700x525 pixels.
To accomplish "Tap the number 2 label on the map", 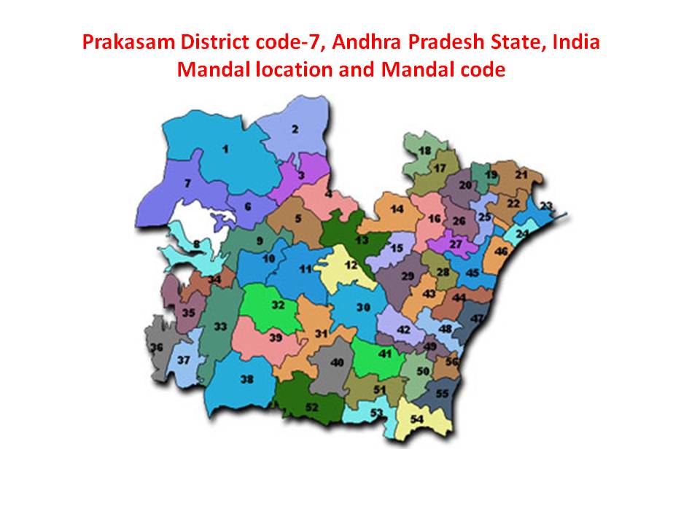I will [x=295, y=130].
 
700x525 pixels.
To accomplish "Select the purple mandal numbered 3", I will [x=300, y=176].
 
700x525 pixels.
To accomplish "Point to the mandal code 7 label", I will [x=187, y=184].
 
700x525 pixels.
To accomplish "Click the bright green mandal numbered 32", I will [x=278, y=306].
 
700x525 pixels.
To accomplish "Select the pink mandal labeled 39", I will [x=275, y=338].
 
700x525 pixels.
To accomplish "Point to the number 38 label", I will [x=246, y=378].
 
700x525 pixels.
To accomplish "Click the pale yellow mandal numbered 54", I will [x=417, y=419].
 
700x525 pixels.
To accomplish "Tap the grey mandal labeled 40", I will [x=336, y=362].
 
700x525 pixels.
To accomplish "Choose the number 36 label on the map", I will [x=156, y=348].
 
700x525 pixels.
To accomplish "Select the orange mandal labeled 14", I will [x=397, y=209].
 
